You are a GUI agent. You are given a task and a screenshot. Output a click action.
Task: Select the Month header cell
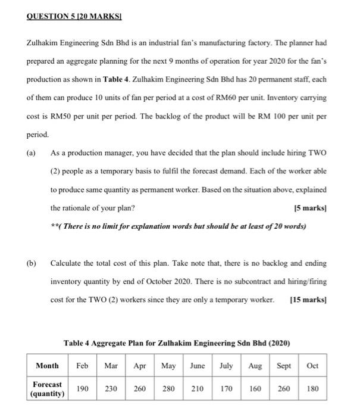[x=47, y=365]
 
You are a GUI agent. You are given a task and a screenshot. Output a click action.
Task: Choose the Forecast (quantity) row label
[x=47, y=389]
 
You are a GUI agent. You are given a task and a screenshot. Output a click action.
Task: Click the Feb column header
[x=83, y=365]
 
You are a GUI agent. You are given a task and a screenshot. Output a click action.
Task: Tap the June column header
[x=197, y=365]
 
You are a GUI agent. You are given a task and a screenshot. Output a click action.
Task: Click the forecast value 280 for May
[x=168, y=389]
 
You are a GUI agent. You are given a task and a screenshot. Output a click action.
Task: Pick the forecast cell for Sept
[x=284, y=389]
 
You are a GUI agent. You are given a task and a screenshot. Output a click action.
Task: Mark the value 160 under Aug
[x=255, y=389]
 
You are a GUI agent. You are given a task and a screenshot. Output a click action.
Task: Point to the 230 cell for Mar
[x=111, y=389]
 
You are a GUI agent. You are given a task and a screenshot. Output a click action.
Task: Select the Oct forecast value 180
[x=312, y=389]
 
